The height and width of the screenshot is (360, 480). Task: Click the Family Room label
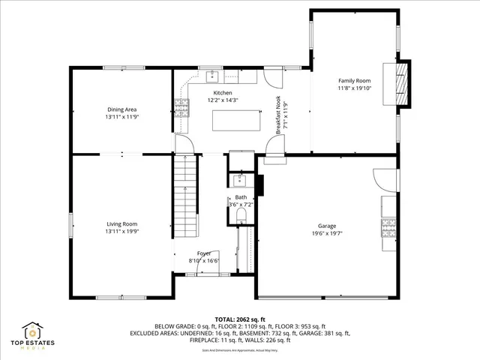(354, 80)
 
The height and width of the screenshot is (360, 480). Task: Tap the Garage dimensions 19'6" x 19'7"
(326, 233)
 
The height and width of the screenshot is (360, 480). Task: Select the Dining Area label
(121, 109)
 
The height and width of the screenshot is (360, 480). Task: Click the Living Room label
(121, 223)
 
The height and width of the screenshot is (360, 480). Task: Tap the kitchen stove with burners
(181, 106)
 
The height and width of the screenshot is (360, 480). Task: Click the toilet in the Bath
(241, 215)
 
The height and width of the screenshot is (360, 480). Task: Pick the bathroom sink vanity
(241, 181)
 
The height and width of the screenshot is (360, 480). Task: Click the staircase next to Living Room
(187, 195)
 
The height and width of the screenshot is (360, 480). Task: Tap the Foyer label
(204, 253)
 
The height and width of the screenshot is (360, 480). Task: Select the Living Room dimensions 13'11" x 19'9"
(121, 232)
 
